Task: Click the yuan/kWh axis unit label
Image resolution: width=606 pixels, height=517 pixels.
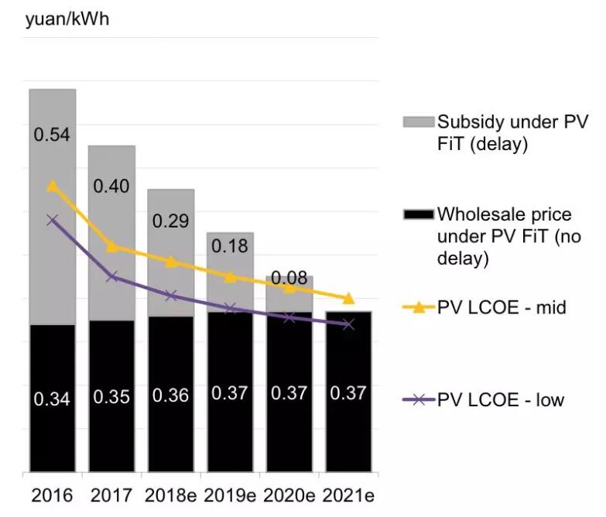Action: [x=67, y=19]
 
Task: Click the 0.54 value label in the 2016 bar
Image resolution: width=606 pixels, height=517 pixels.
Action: [x=53, y=135]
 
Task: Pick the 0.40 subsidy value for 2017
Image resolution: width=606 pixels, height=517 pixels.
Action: [x=111, y=187]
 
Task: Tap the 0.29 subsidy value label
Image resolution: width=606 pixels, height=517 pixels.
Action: [x=170, y=221]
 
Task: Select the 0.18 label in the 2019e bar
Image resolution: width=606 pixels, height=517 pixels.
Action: [x=229, y=246]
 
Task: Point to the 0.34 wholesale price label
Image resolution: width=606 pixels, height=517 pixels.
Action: [x=53, y=399]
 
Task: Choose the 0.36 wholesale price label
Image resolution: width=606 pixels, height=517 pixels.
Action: [x=170, y=395]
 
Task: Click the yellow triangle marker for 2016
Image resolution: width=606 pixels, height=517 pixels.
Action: [x=53, y=186]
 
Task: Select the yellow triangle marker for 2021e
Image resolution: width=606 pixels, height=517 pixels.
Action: [x=348, y=299]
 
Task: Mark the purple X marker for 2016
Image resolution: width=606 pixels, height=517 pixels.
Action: [x=53, y=220]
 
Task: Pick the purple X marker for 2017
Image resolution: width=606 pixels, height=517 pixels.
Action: [x=111, y=276]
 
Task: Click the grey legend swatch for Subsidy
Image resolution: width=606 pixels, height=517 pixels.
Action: [x=418, y=122]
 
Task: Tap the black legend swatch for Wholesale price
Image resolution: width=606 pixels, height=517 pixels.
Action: [x=418, y=214]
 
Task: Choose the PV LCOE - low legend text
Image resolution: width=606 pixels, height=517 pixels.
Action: [x=501, y=400]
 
